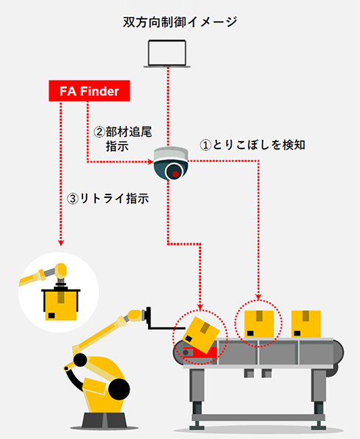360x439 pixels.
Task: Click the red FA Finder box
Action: pyautogui.click(x=89, y=91)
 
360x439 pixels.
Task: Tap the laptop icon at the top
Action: pyautogui.click(x=167, y=53)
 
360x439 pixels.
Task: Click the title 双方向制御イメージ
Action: pyautogui.click(x=180, y=22)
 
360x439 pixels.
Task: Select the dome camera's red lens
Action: pyautogui.click(x=176, y=174)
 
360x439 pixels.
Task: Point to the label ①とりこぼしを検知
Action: pyautogui.click(x=252, y=145)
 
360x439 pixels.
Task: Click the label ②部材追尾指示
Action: pyautogui.click(x=123, y=139)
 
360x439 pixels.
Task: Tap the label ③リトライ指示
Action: pyautogui.click(x=108, y=199)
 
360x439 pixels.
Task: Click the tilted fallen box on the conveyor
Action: pyautogui.click(x=201, y=335)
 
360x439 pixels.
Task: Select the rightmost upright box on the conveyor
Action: pyautogui.click(x=306, y=324)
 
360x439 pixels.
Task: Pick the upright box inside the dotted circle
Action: pyautogui.click(x=259, y=324)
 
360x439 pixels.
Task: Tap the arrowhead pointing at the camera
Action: pyautogui.click(x=151, y=161)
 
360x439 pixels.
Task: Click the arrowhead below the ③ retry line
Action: pyautogui.click(x=61, y=242)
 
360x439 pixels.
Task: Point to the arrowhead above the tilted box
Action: pyautogui.click(x=200, y=307)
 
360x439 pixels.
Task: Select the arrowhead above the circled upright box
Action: pyautogui.click(x=259, y=296)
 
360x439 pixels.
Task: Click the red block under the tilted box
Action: pyautogui.click(x=196, y=352)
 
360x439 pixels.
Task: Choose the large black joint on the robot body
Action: pyautogui.click(x=120, y=389)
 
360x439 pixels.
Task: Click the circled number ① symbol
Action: pyautogui.click(x=205, y=145)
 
